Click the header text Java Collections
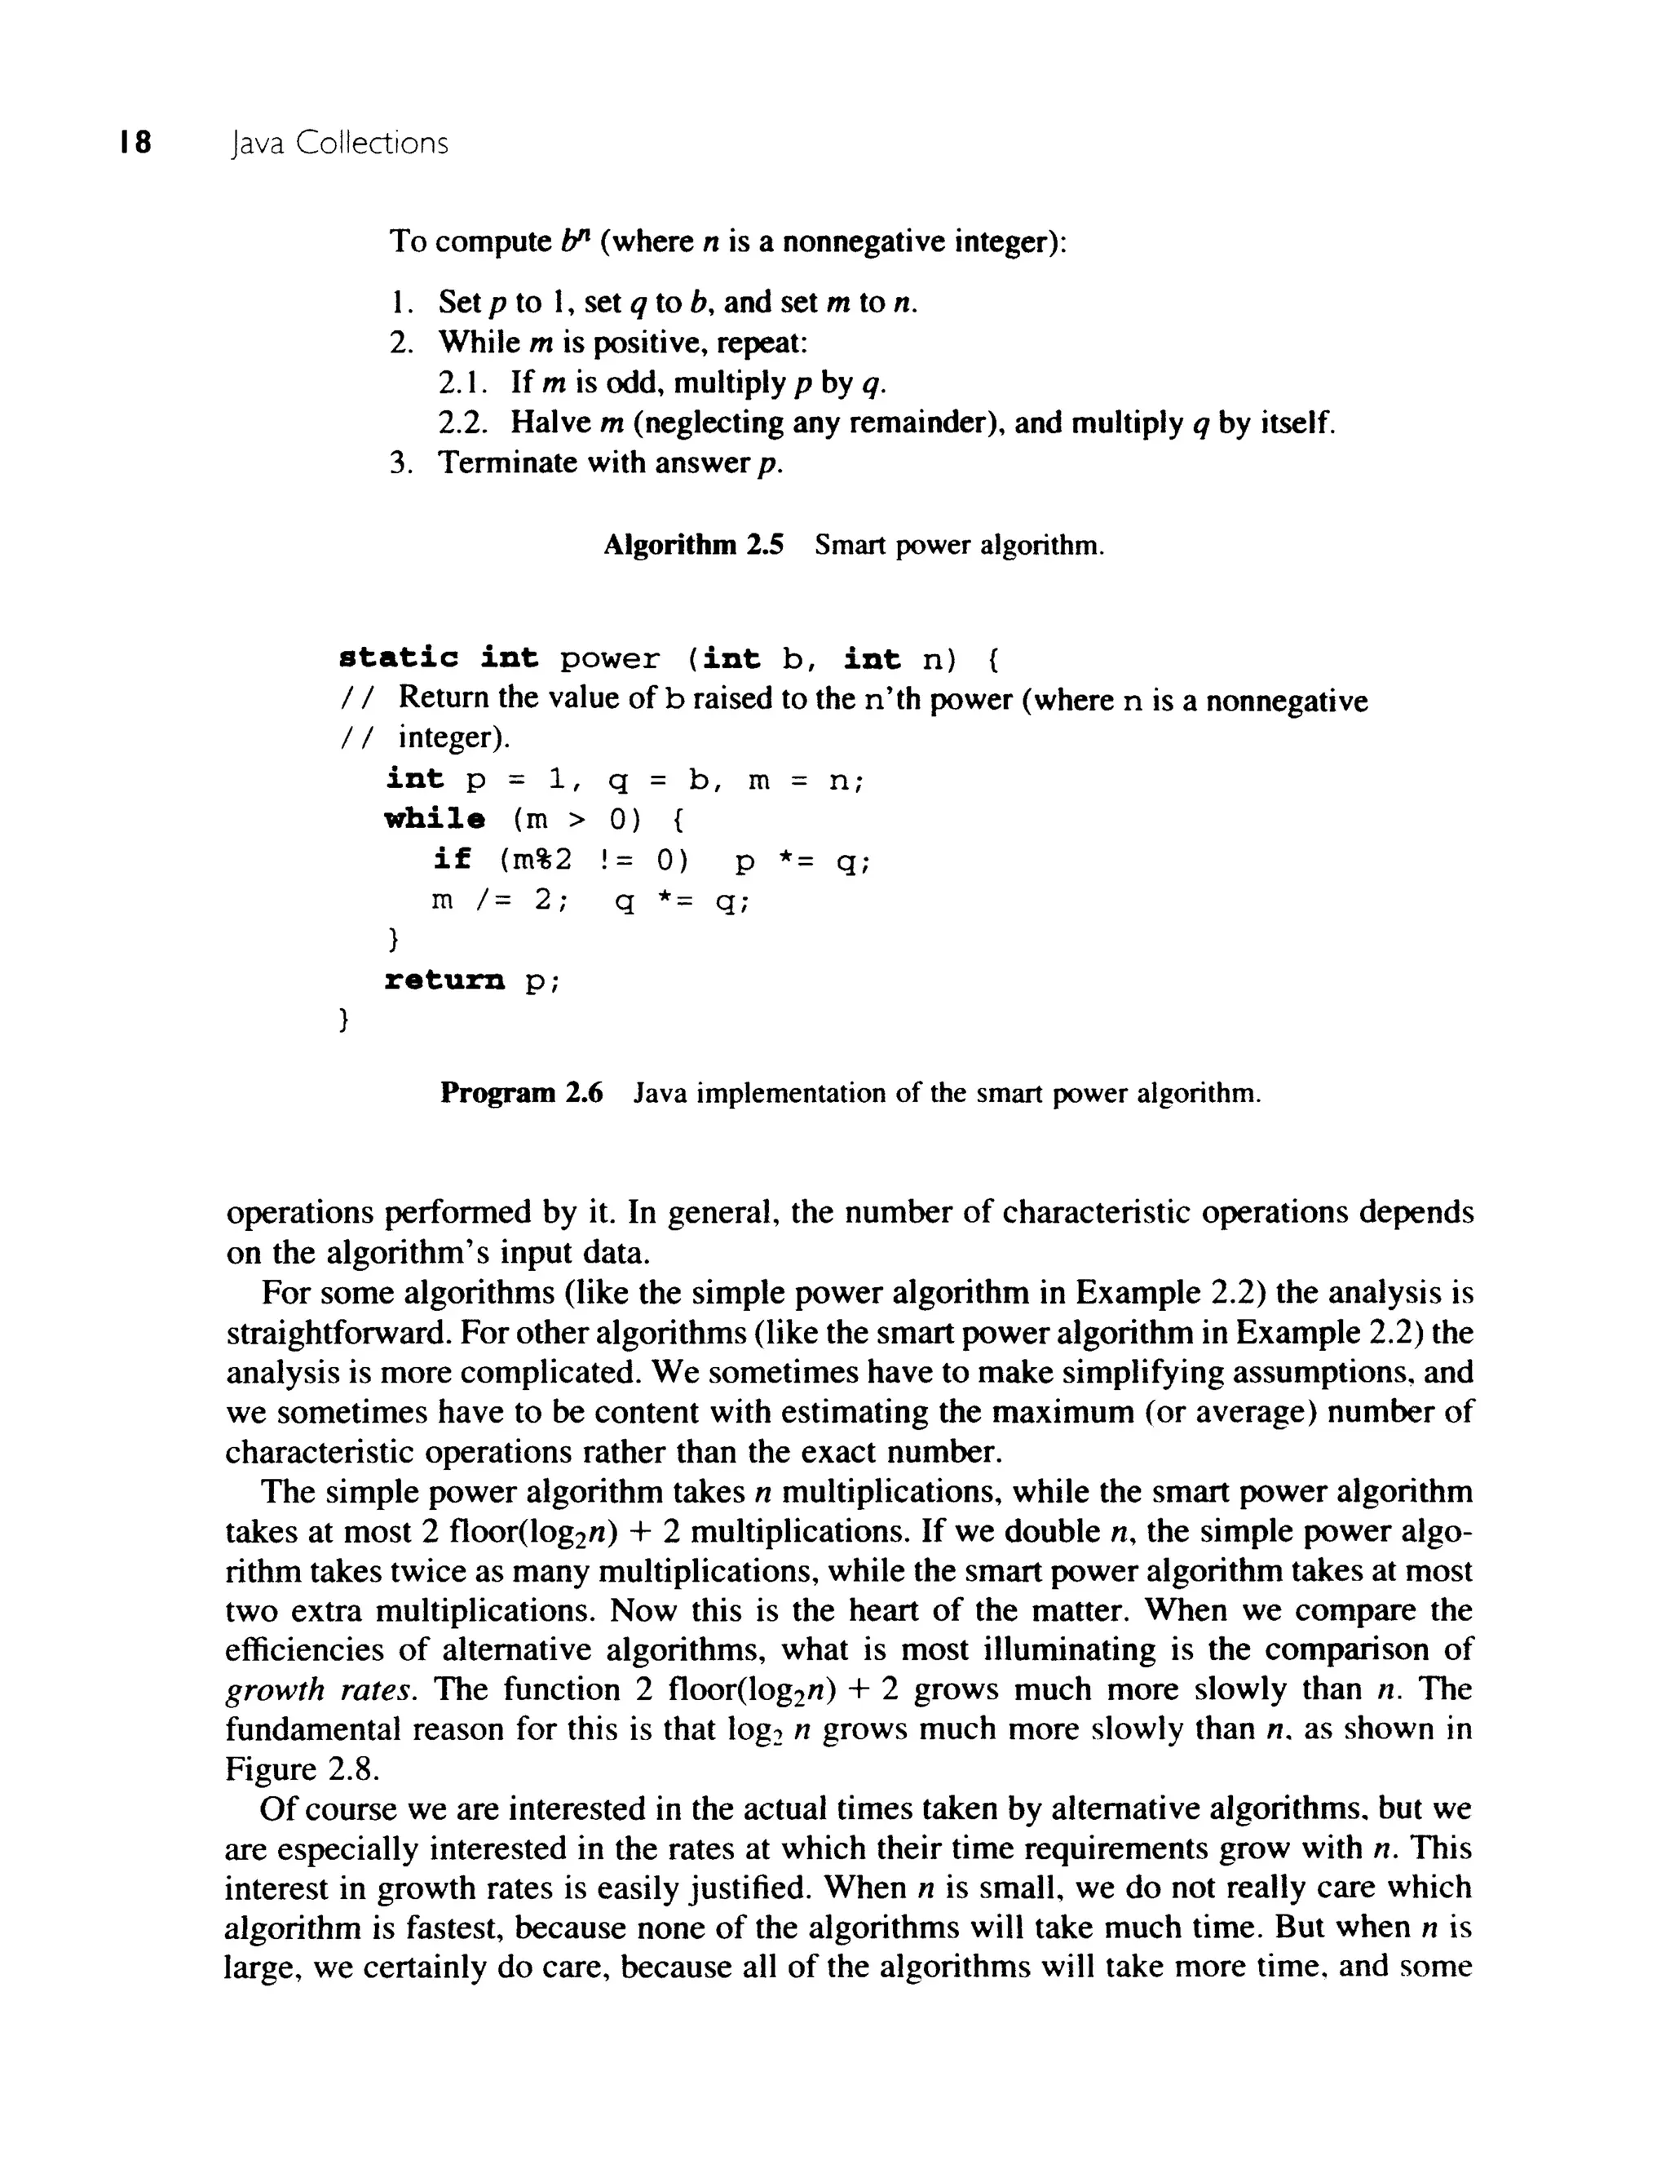(x=338, y=144)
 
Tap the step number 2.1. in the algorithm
(x=460, y=383)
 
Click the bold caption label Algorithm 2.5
(x=693, y=545)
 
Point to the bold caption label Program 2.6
(x=521, y=1093)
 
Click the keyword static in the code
(x=398, y=658)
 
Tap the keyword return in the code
(x=444, y=981)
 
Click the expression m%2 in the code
(x=543, y=859)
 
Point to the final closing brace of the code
(x=342, y=1020)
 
